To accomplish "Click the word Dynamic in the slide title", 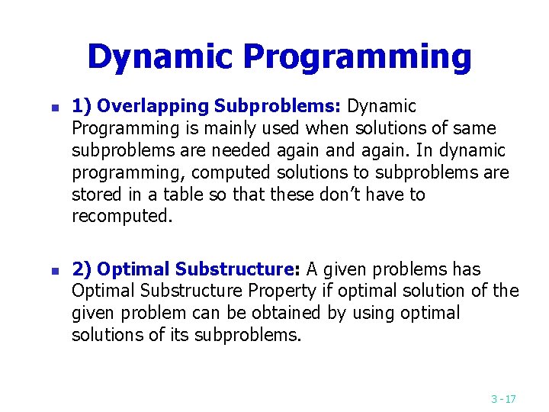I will tap(161, 56).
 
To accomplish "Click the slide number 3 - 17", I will tap(503, 398).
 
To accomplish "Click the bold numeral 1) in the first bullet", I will tap(82, 106).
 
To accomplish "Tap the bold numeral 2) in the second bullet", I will tap(82, 269).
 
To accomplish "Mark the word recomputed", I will tap(122, 217).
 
